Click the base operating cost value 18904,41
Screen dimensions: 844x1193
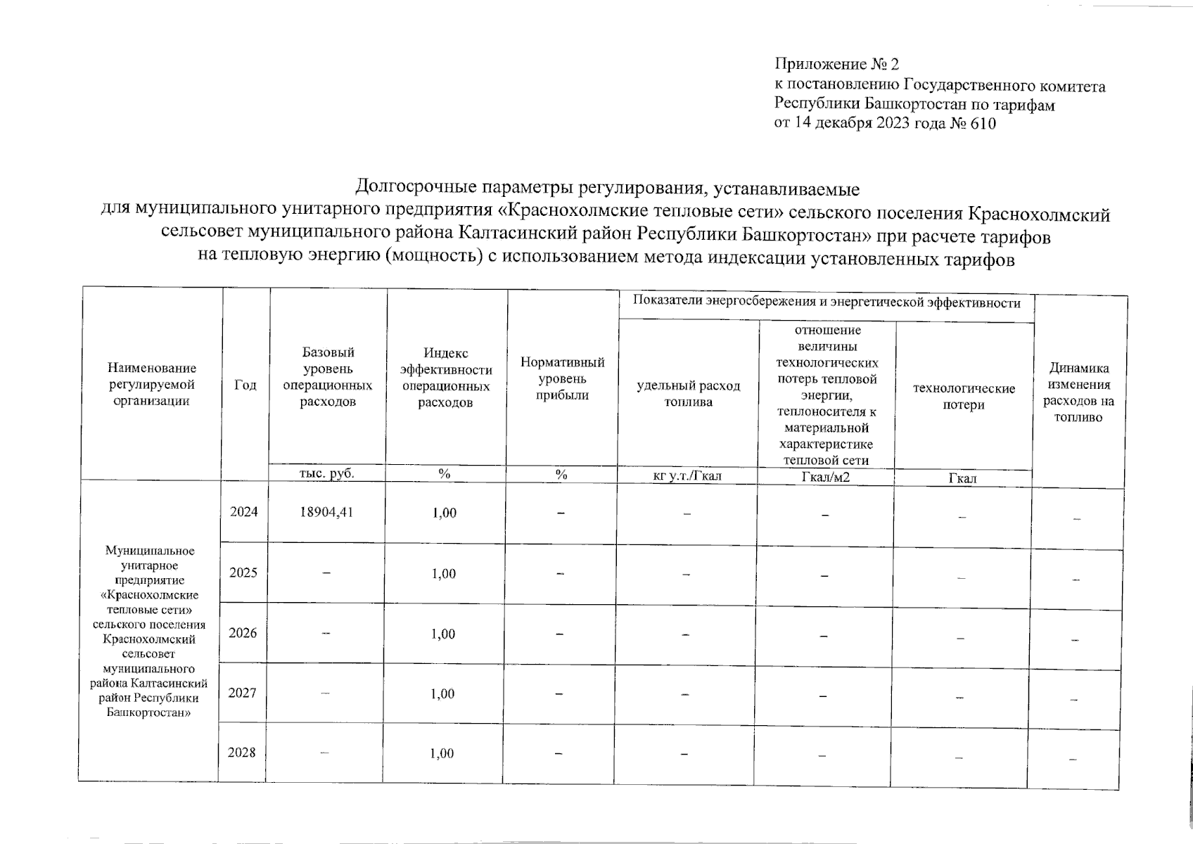325,512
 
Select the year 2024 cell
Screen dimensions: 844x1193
243,512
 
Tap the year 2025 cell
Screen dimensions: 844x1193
243,573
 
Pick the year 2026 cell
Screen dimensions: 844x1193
243,633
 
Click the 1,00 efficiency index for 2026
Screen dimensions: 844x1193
444,634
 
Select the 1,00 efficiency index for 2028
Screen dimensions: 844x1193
444,754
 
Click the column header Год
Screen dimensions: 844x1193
245,385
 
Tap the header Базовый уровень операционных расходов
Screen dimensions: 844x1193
328,376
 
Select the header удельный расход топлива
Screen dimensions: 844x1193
688,394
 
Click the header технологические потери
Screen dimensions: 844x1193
964,397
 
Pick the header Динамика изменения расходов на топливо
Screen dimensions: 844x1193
1078,392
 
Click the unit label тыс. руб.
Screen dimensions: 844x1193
327,473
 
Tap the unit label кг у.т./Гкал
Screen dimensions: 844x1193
687,476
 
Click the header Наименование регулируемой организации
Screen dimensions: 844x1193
152,385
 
